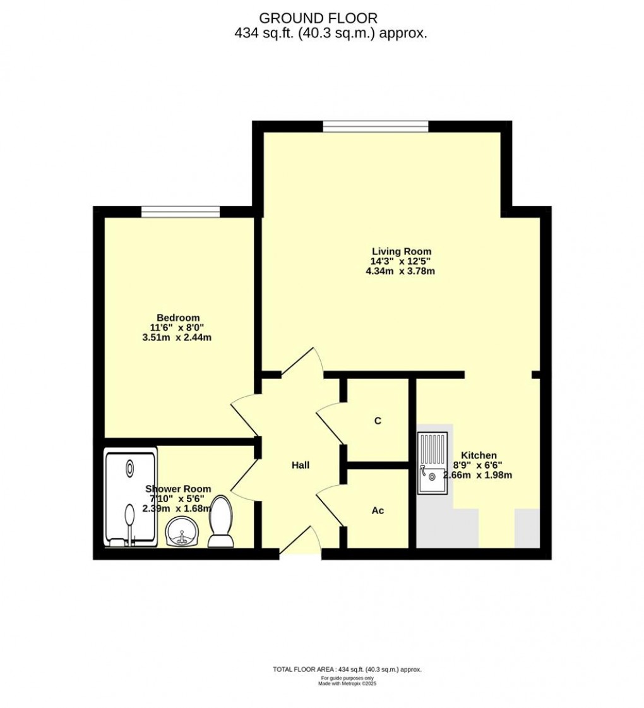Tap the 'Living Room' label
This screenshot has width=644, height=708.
(401, 251)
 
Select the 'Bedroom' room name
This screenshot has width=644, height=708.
(178, 317)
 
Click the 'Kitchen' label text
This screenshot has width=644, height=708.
(479, 455)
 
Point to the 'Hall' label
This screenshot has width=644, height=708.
(301, 465)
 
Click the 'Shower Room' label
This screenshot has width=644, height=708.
(178, 488)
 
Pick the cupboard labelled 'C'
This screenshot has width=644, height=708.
(378, 421)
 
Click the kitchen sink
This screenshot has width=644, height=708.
(432, 462)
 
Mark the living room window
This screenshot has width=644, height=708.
(376, 126)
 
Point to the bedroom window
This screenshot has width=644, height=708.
(180, 212)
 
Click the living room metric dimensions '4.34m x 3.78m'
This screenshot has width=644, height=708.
(401, 272)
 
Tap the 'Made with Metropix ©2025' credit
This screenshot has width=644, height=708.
(347, 683)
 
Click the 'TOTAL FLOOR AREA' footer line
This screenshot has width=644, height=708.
(347, 669)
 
